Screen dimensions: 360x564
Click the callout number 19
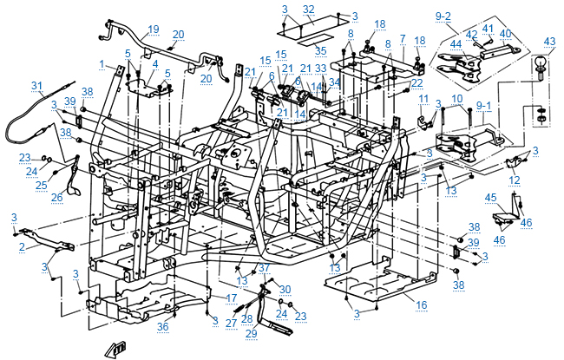tap(154, 29)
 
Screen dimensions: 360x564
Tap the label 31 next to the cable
tap(36, 85)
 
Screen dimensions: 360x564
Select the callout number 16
tap(421, 305)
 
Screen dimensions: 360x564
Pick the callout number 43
tap(549, 42)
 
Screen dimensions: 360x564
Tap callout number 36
tap(162, 326)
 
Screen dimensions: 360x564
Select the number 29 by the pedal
tap(252, 333)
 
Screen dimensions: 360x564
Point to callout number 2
tap(23, 246)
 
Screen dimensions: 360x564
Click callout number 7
tap(403, 39)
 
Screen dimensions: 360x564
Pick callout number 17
tap(232, 297)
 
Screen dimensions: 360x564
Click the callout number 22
tap(416, 82)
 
